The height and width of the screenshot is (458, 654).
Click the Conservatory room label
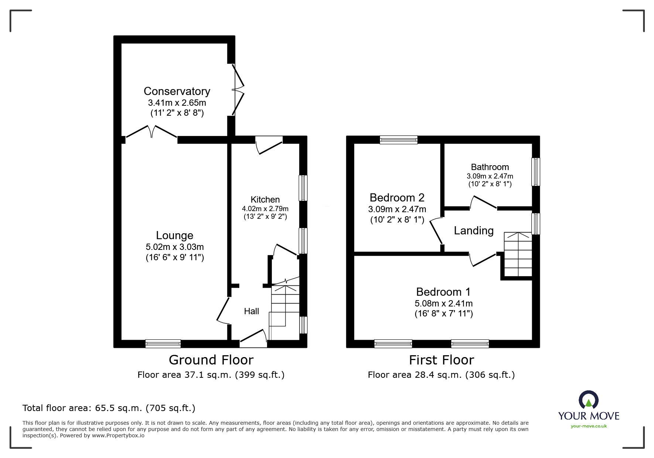[x=177, y=91]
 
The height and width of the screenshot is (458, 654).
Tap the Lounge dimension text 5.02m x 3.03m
[x=175, y=247]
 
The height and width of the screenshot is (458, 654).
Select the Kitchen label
[x=265, y=200]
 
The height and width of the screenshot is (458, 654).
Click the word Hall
[x=251, y=311]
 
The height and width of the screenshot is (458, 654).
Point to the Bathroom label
[x=490, y=167]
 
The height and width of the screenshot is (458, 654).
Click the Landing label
[x=473, y=231]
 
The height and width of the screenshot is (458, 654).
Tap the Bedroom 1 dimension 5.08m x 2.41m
[x=444, y=303]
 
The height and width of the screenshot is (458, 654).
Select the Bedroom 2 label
[x=397, y=197]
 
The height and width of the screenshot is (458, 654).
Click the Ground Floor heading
[x=211, y=360]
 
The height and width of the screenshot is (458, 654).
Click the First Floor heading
[x=441, y=360]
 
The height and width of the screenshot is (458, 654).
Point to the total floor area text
[x=109, y=408]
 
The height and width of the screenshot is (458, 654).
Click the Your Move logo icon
[x=588, y=400]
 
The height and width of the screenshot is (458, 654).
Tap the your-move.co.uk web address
[x=589, y=426]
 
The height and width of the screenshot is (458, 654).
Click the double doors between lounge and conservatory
[x=152, y=133]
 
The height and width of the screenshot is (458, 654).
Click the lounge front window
[x=163, y=344]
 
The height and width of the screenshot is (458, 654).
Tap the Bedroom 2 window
[x=398, y=140]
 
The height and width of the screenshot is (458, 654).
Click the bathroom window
[x=535, y=172]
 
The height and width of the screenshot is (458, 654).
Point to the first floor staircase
[x=518, y=254]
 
